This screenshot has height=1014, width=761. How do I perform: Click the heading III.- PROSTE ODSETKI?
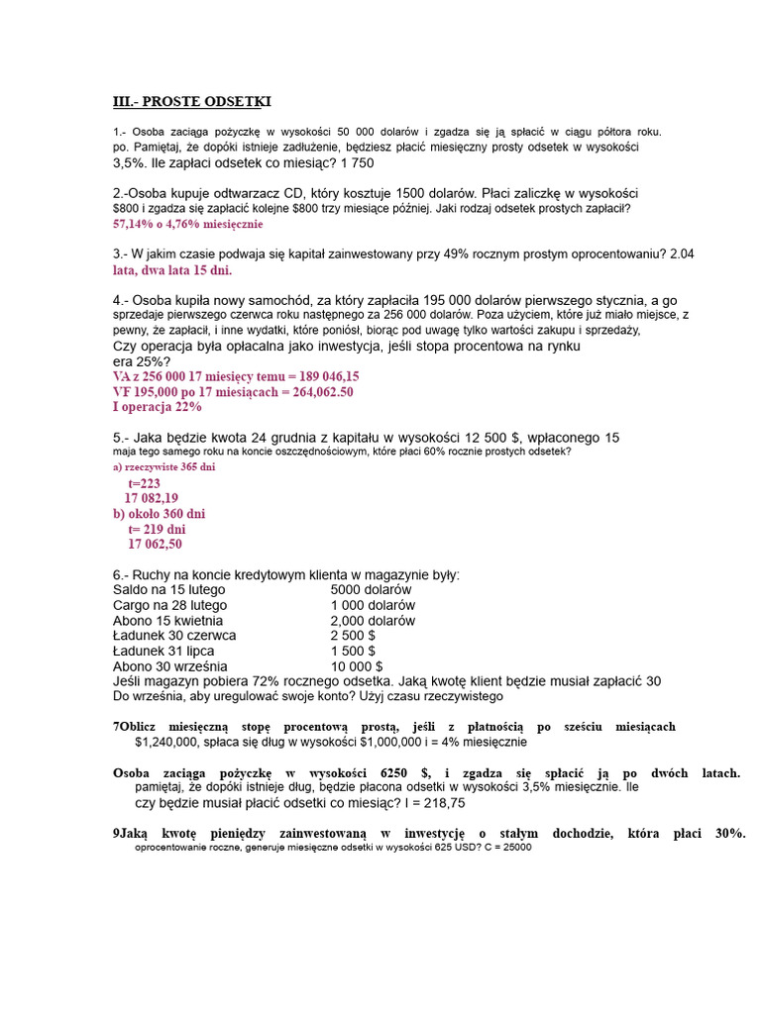click(191, 102)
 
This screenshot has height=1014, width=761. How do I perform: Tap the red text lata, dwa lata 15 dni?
click(172, 269)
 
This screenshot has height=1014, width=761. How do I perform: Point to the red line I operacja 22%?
click(158, 406)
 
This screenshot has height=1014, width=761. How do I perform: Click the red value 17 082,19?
click(152, 498)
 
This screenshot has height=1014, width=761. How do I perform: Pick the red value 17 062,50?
click(155, 544)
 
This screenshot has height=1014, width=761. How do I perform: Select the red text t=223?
click(144, 483)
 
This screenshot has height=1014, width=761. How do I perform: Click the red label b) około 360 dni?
click(160, 514)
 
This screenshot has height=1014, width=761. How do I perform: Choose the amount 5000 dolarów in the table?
click(372, 589)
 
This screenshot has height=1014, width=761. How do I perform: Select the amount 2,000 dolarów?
click(374, 620)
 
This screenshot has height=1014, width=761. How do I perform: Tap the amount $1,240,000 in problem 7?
click(172, 742)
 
